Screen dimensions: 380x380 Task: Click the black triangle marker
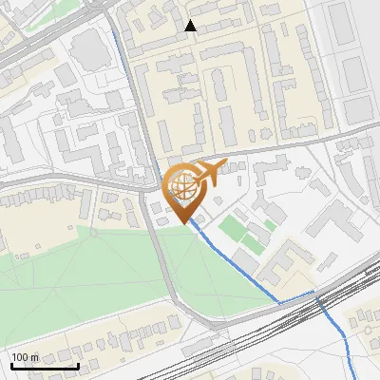191,26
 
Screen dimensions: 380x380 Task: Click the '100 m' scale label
25,357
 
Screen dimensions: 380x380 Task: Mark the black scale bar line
45,366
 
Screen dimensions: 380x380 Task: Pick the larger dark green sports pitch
231,228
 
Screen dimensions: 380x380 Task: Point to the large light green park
85,275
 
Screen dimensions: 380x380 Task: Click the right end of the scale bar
78,366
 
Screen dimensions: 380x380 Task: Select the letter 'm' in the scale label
34,357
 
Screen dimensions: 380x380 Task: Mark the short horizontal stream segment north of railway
296,298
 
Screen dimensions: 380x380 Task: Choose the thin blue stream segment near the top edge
118,43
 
